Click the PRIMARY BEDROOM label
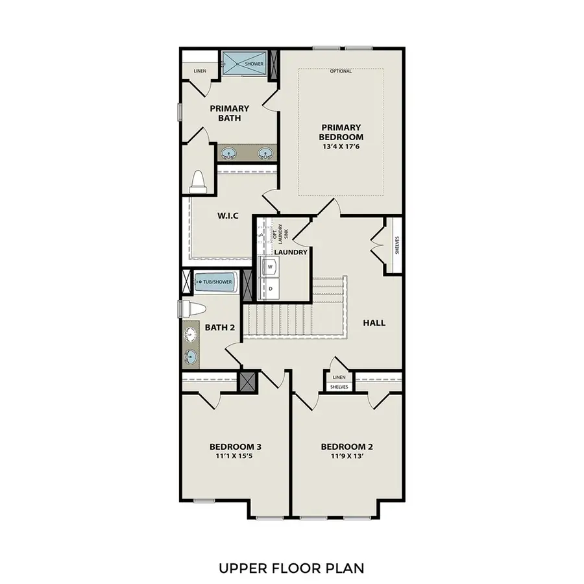[341, 132]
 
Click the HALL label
[374, 322]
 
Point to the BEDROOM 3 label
[235, 446]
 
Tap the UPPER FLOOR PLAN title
[291, 568]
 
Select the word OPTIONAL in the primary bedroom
[341, 71]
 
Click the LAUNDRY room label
[290, 252]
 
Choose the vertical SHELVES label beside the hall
[396, 246]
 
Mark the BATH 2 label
[220, 327]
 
